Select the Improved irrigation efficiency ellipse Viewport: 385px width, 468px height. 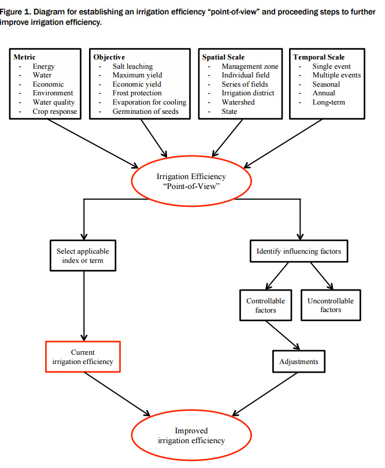[x=191, y=436]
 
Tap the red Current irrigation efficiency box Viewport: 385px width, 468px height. [x=83, y=357]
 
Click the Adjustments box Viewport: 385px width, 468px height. [x=298, y=362]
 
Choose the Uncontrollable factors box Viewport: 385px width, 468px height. [x=330, y=305]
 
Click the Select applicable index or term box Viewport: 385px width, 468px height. [x=83, y=256]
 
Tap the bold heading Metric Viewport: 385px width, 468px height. [x=25, y=57]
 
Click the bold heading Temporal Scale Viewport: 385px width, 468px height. [x=319, y=57]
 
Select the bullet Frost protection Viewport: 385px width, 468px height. [x=137, y=93]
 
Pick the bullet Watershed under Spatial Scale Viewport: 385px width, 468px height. [x=238, y=102]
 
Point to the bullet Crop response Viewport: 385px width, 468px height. [x=54, y=112]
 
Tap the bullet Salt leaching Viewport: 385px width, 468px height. [x=133, y=66]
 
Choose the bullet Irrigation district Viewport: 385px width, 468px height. [x=248, y=93]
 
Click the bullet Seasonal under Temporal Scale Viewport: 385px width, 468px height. [x=326, y=84]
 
